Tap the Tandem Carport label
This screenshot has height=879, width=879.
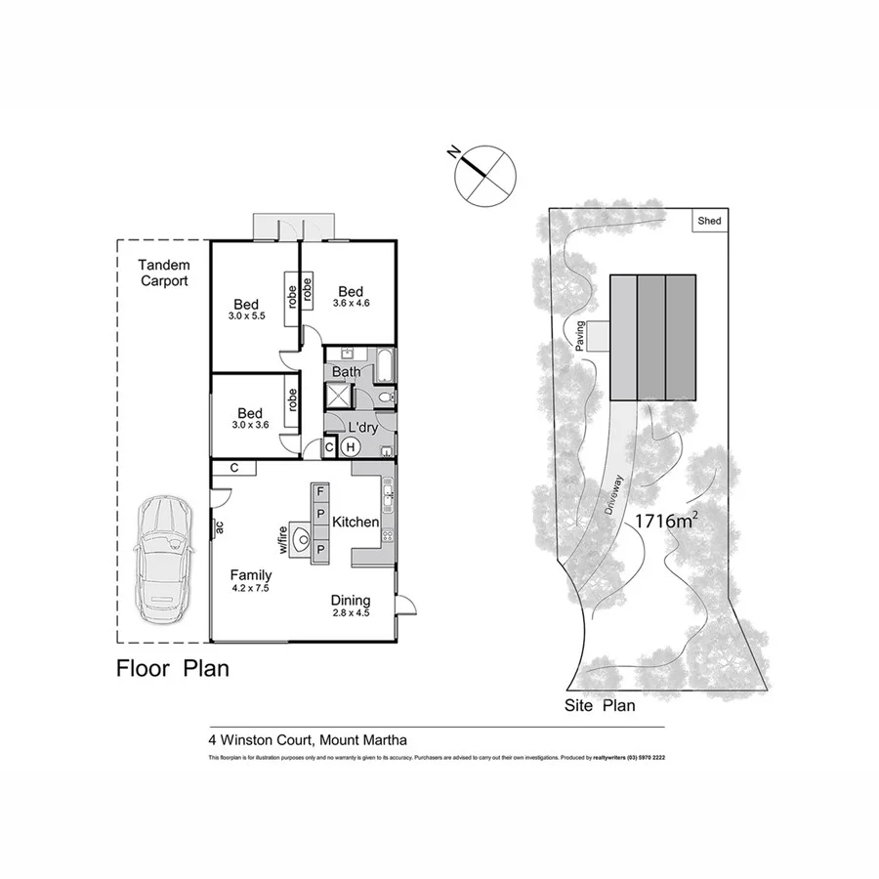(163, 272)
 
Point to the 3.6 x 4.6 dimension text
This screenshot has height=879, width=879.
(351, 304)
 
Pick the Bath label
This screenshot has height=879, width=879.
(346, 372)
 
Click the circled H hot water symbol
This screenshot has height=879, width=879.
(350, 447)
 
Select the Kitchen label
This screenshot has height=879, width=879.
(355, 523)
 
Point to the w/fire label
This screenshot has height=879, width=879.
(283, 538)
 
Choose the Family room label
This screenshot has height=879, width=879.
(250, 575)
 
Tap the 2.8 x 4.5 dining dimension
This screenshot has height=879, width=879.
(350, 614)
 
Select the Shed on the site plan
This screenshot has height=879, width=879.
(709, 222)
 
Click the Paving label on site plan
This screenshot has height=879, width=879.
(579, 335)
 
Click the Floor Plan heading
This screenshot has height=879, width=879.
(173, 669)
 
